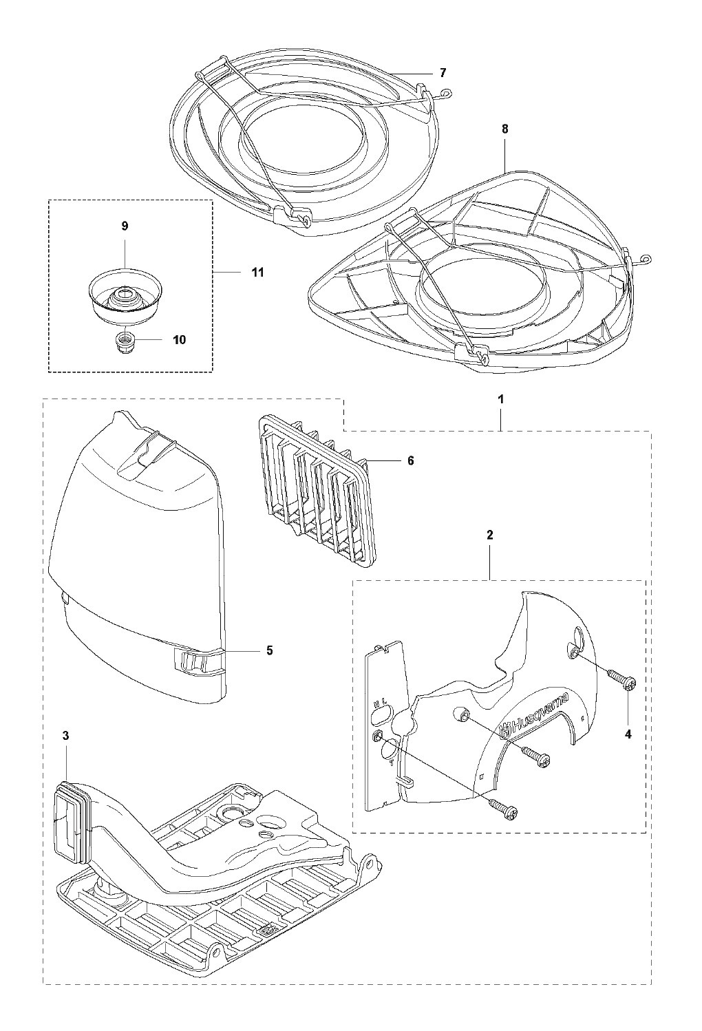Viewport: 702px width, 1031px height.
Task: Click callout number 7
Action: coord(443,72)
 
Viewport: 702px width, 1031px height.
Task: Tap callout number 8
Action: coord(505,129)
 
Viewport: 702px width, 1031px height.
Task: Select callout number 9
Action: coord(125,226)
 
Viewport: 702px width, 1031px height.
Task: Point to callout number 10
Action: coord(179,339)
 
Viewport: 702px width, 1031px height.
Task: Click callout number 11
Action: coord(257,273)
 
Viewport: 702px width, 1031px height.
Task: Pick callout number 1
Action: coord(501,398)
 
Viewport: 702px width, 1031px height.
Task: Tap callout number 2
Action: coord(489,534)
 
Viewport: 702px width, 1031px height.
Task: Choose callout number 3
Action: coord(65,736)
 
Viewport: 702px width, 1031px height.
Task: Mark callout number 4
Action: coord(628,734)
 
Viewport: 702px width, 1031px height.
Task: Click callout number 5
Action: coord(269,650)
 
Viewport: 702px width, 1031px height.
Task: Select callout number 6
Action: coord(410,460)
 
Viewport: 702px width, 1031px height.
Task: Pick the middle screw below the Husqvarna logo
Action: coord(537,756)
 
